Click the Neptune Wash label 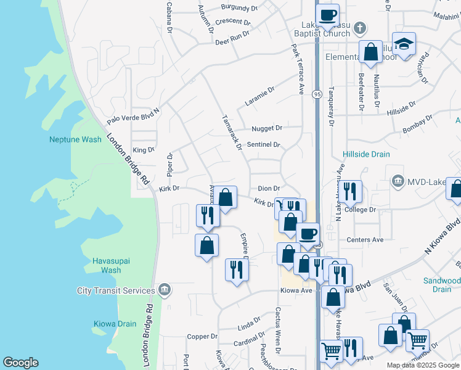click(x=75, y=139)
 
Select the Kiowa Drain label click(x=115, y=324)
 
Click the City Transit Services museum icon click(x=165, y=290)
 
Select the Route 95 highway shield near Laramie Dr click(x=317, y=94)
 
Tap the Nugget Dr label click(x=266, y=128)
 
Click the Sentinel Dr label click(x=263, y=145)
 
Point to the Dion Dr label click(x=269, y=189)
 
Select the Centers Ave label click(x=365, y=239)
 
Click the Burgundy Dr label click(x=240, y=9)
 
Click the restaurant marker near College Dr click(x=350, y=191)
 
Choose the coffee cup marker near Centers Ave click(x=308, y=233)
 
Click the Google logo click(x=21, y=363)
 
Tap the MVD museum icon click(x=398, y=181)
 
